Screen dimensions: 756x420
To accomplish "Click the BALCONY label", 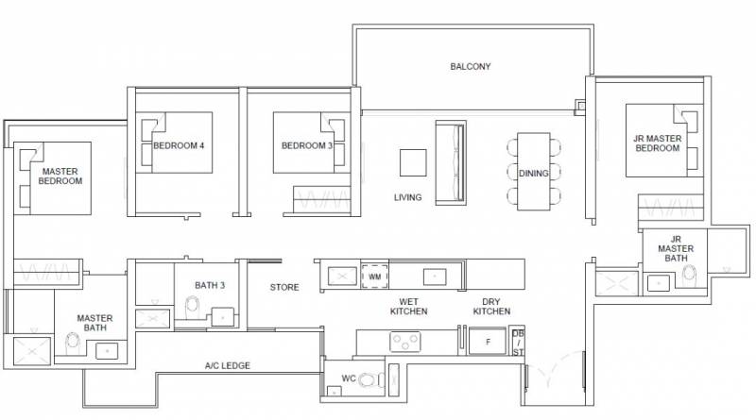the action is tap(470, 66).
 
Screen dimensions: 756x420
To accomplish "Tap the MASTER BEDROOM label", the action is tap(60, 176).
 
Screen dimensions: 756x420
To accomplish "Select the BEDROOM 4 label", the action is tap(179, 145).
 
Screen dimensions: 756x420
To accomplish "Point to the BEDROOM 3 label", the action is tap(307, 145).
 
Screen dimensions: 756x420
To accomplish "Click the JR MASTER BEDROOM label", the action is tap(658, 143).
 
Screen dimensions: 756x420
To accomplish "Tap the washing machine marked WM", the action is tap(374, 277).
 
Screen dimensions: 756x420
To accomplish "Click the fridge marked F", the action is tap(488, 342).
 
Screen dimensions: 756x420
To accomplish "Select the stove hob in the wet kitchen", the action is tap(405, 342).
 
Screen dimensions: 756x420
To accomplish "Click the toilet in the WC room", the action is tap(371, 379).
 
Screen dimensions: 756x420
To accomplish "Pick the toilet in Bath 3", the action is tap(193, 308).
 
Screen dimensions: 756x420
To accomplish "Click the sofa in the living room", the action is tap(451, 162).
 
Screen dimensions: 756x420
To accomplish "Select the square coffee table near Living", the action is tap(413, 162).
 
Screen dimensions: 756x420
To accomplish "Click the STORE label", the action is tap(284, 288).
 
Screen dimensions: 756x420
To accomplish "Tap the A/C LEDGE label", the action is tap(228, 366).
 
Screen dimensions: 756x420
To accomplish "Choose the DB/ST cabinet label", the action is tap(518, 343).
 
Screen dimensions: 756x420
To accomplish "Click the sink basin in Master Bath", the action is tap(107, 351).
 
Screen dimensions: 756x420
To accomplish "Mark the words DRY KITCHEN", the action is tap(491, 307).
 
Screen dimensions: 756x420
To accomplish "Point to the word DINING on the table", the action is tap(534, 174).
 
